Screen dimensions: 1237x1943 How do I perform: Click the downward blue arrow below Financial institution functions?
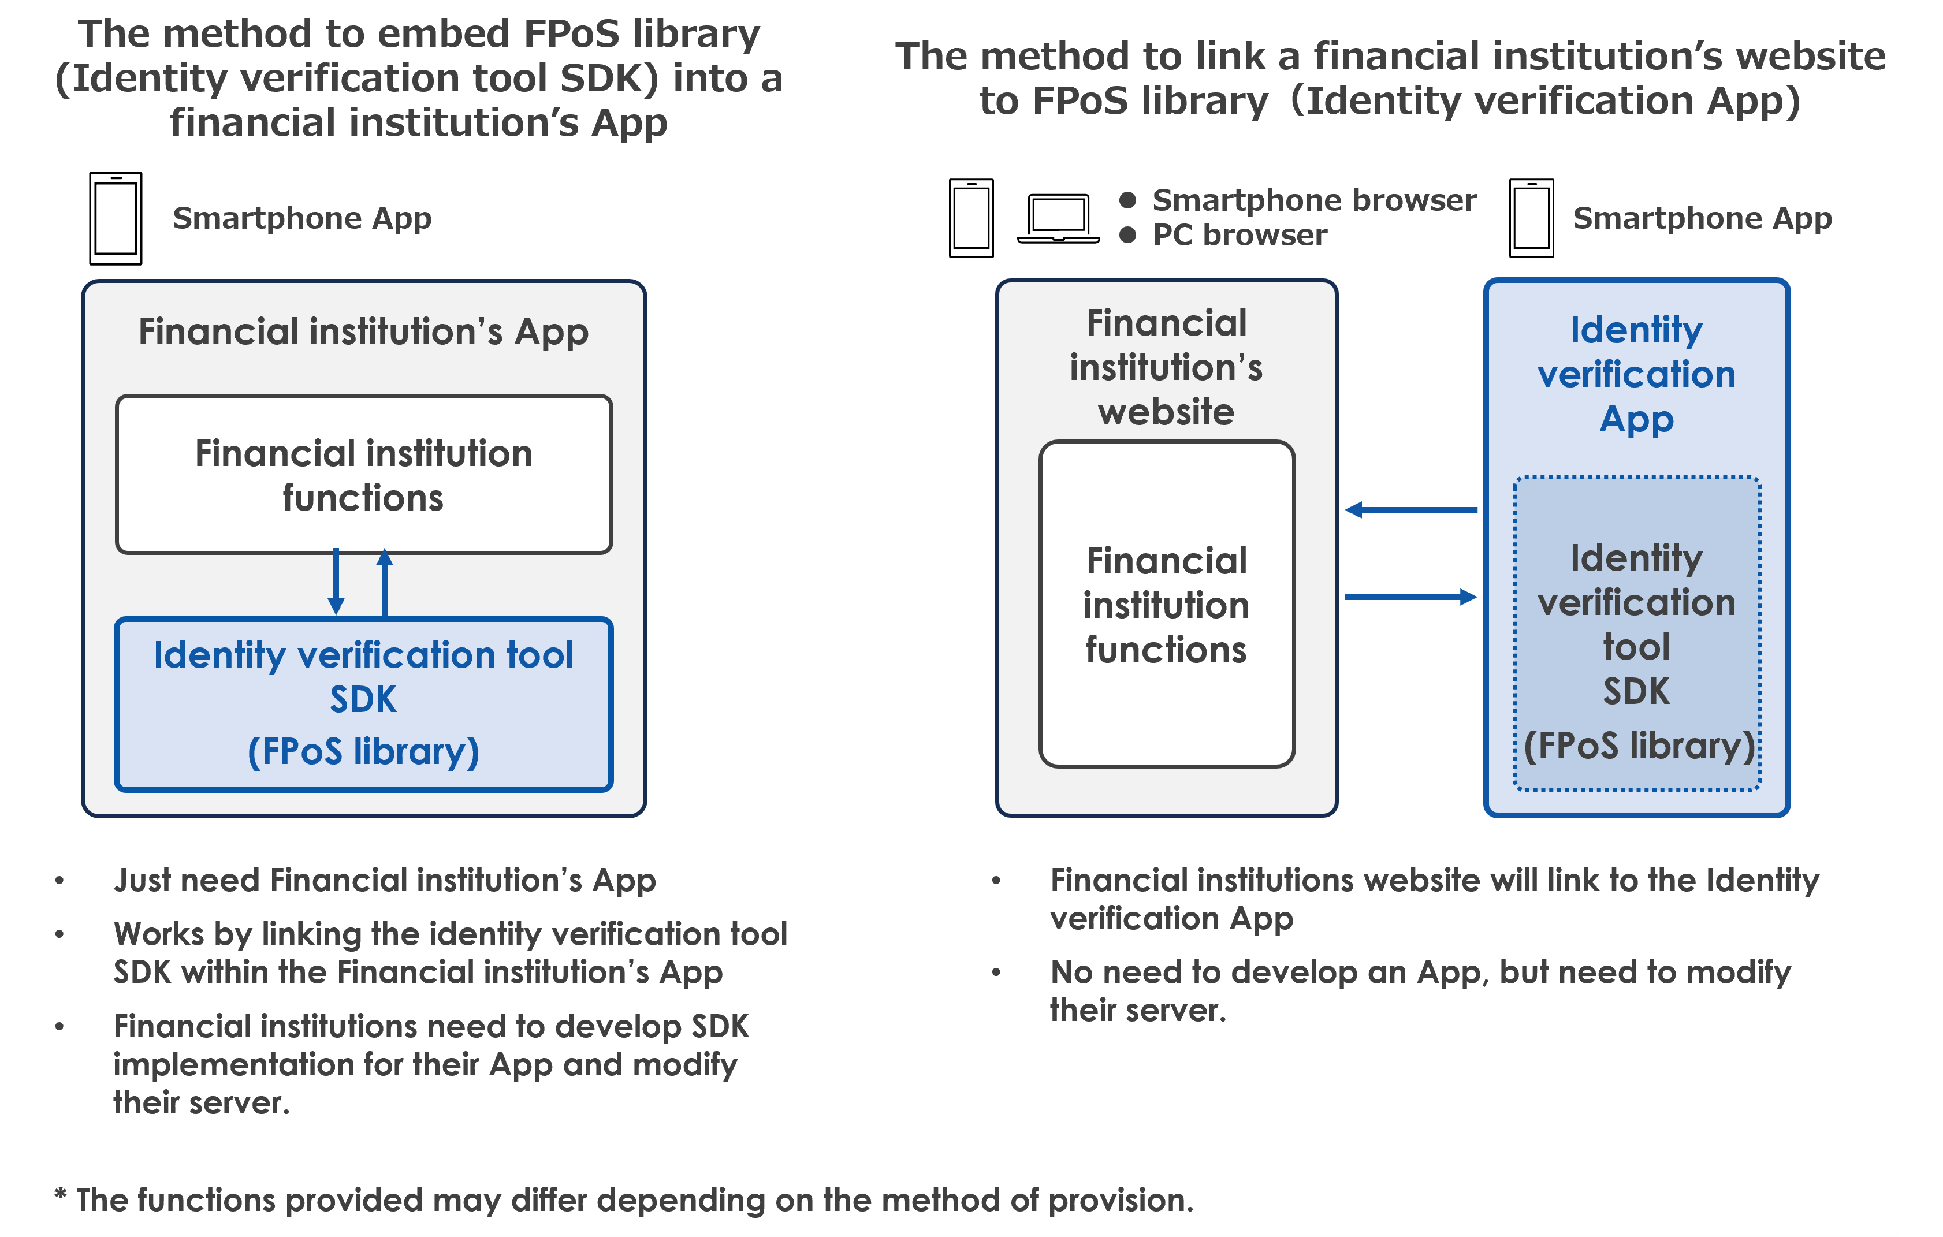337,583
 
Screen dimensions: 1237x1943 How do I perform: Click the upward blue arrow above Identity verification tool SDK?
385,583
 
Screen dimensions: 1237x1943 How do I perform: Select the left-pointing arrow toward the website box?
1410,510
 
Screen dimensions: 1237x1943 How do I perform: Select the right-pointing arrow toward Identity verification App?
1410,597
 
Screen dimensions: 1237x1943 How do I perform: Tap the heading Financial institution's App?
363,331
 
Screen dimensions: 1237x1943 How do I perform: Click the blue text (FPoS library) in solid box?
363,751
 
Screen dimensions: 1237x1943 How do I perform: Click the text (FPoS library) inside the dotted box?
1638,746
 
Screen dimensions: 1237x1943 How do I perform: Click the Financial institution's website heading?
1166,368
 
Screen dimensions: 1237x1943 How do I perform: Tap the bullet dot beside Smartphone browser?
1128,200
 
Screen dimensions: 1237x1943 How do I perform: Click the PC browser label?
1239,235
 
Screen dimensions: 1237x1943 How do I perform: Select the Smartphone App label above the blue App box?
1703,218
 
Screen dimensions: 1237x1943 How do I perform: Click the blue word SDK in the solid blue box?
363,699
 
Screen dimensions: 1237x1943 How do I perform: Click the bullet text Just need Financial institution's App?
385,880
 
